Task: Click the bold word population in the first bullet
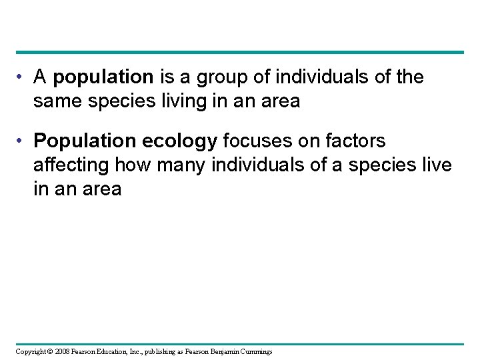pyautogui.click(x=103, y=78)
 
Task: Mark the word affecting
pyautogui.click(x=71, y=164)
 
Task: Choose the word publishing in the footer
pyautogui.click(x=153, y=351)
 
